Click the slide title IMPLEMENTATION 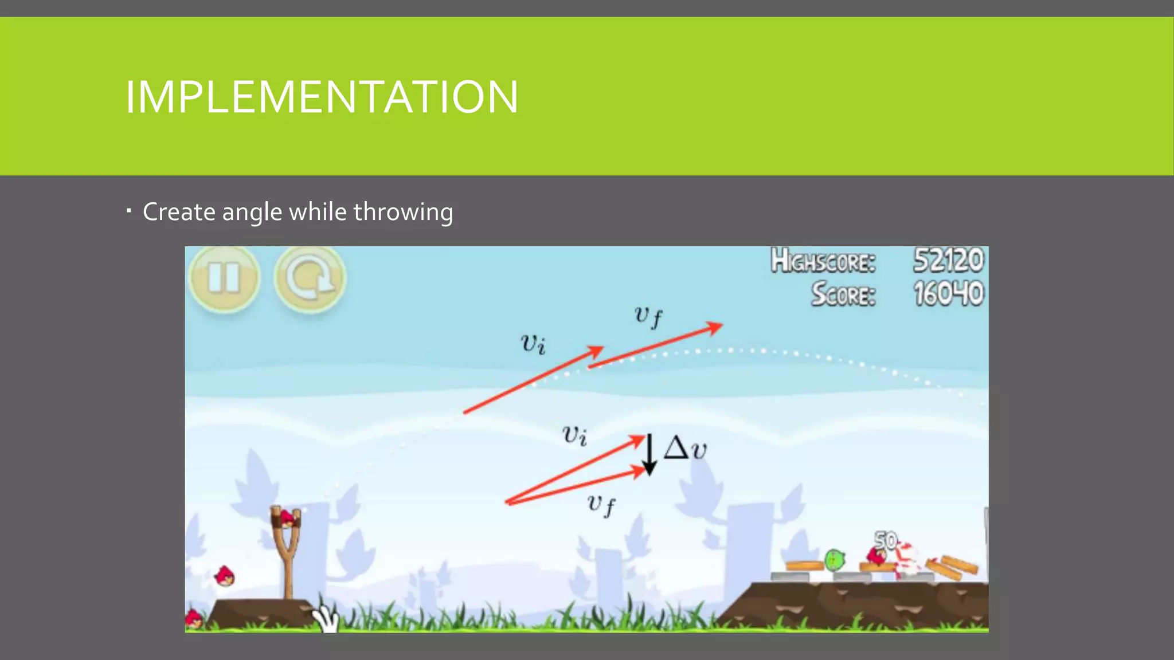pos(322,97)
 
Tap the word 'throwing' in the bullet pos(403,213)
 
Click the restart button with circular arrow pos(310,279)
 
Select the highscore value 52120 pos(948,261)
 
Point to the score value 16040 pos(948,294)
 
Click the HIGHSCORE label pos(823,261)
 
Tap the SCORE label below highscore pos(843,294)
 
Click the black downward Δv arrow pos(649,455)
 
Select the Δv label pos(685,448)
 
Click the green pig pos(835,559)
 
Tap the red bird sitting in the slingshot pos(287,519)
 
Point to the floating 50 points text pos(886,540)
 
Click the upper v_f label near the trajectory pos(648,316)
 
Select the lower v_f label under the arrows pos(601,505)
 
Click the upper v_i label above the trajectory pos(533,344)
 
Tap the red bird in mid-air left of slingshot pos(224,576)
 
